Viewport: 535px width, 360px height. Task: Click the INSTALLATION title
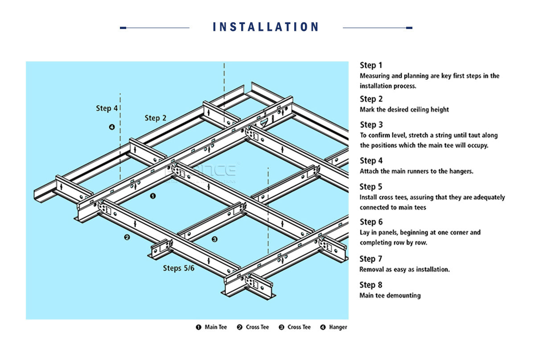pyautogui.click(x=266, y=27)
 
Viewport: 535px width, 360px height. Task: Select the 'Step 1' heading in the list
pyautogui.click(x=371, y=66)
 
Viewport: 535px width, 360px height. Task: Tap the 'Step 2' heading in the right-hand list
pyautogui.click(x=371, y=99)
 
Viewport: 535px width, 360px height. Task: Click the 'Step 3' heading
pyautogui.click(x=371, y=125)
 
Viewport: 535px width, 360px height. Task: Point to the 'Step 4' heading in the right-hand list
pyautogui.click(x=371, y=161)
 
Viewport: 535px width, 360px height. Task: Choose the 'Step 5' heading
pyautogui.click(x=371, y=187)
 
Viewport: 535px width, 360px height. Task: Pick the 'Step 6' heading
pyautogui.click(x=371, y=222)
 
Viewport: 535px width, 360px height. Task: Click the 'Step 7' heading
pyautogui.click(x=371, y=259)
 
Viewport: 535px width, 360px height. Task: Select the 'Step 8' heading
pyautogui.click(x=371, y=285)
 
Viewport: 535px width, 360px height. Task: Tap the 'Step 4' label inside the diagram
pyautogui.click(x=107, y=108)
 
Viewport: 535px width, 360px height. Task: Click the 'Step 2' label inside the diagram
pyautogui.click(x=156, y=118)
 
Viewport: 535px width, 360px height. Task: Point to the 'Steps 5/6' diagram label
pyautogui.click(x=178, y=268)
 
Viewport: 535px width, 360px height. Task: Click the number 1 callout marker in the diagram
pyautogui.click(x=152, y=196)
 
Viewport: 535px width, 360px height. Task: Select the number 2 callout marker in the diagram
pyautogui.click(x=127, y=237)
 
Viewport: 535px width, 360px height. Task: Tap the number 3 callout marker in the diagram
pyautogui.click(x=214, y=239)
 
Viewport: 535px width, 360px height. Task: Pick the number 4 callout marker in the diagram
pyautogui.click(x=112, y=127)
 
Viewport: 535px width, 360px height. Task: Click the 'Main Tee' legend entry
pyautogui.click(x=211, y=327)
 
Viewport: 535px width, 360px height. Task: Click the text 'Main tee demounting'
pyautogui.click(x=390, y=295)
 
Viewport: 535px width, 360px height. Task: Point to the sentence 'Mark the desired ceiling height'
pyautogui.click(x=404, y=110)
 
